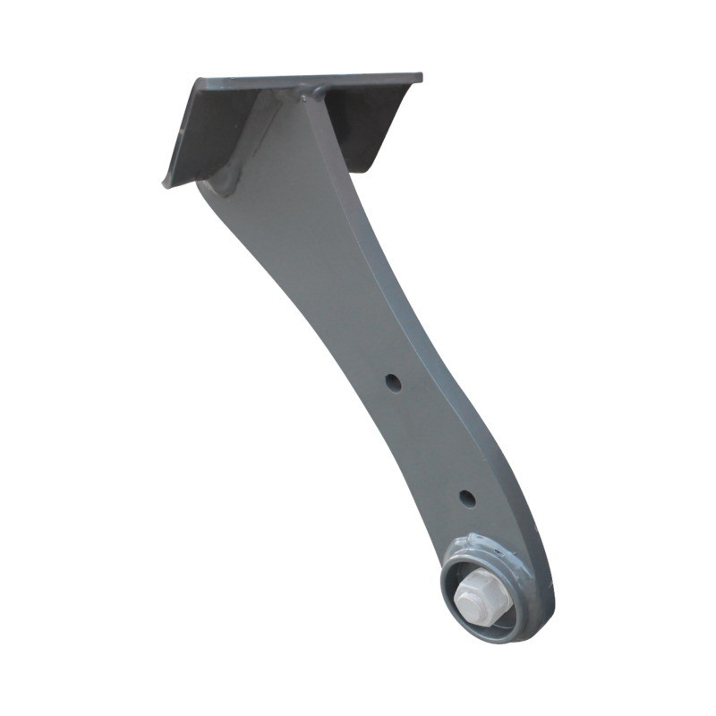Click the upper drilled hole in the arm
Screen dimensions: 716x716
pyautogui.click(x=393, y=382)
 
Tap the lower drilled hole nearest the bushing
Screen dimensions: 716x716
pyautogui.click(x=466, y=498)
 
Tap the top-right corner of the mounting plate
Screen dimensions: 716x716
pyautogui.click(x=420, y=76)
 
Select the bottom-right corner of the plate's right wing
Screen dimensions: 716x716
pyautogui.click(x=364, y=169)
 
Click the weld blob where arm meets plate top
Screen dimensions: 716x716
pyautogui.click(x=315, y=91)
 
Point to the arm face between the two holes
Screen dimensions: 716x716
pyautogui.click(x=425, y=439)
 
